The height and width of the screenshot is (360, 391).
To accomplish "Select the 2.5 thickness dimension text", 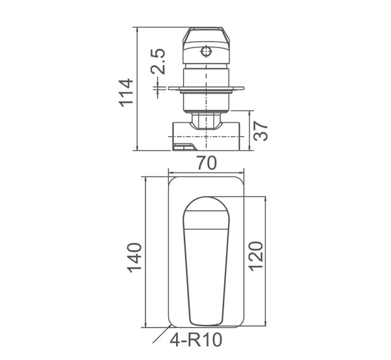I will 158,62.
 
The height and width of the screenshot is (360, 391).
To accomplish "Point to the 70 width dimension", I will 207,164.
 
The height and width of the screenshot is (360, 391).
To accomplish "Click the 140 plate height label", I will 134,257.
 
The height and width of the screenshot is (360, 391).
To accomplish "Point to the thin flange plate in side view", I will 207,88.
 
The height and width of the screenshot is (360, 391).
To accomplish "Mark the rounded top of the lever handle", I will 207,208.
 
